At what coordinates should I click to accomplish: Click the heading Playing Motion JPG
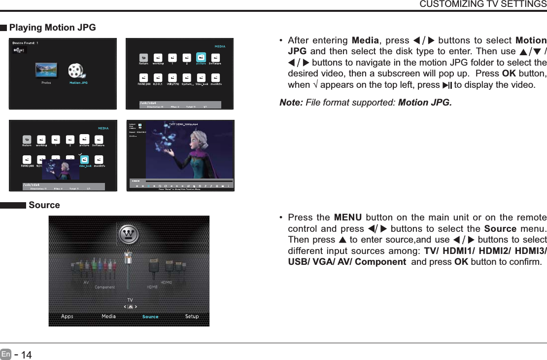click(52, 28)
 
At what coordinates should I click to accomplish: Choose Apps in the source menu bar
click(67, 317)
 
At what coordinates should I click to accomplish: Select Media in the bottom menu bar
click(108, 317)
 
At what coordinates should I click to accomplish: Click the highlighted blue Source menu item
click(150, 317)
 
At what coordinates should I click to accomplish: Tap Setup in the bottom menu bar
click(192, 317)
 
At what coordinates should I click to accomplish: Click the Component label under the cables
click(104, 287)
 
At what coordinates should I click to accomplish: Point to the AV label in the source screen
click(86, 283)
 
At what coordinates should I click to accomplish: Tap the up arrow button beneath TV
click(130, 307)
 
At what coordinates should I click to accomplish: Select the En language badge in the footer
click(5, 354)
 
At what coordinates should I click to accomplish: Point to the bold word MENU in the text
click(347, 218)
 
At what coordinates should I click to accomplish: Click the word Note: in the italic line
click(291, 103)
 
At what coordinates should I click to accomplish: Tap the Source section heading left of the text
click(44, 205)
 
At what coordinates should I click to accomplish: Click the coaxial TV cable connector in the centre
click(128, 259)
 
